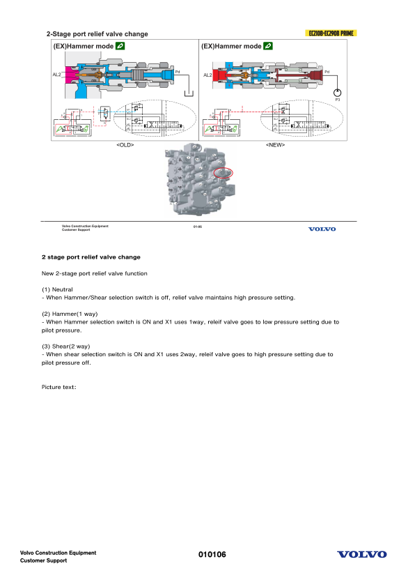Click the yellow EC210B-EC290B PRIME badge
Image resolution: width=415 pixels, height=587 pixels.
click(331, 33)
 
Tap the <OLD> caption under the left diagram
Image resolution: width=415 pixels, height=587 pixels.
click(125, 145)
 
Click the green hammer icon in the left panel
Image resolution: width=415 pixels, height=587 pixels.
click(120, 46)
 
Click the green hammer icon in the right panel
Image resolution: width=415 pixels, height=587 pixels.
click(268, 46)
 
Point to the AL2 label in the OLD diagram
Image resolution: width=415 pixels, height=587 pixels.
click(57, 74)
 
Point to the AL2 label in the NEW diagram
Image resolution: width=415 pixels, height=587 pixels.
click(207, 75)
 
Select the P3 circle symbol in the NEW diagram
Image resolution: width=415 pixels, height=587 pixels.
click(338, 92)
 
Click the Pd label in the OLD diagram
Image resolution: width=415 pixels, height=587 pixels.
click(178, 71)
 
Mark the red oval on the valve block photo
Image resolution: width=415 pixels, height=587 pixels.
click(224, 171)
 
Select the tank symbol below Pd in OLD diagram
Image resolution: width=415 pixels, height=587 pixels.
click(186, 92)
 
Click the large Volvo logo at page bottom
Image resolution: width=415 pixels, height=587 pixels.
click(361, 555)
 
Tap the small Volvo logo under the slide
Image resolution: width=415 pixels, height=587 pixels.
click(322, 229)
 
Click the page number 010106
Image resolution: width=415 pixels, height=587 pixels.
click(212, 555)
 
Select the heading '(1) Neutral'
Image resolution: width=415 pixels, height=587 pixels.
click(57, 289)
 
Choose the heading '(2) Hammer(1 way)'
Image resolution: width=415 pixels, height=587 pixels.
click(70, 314)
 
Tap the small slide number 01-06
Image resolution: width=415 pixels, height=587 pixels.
click(197, 227)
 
